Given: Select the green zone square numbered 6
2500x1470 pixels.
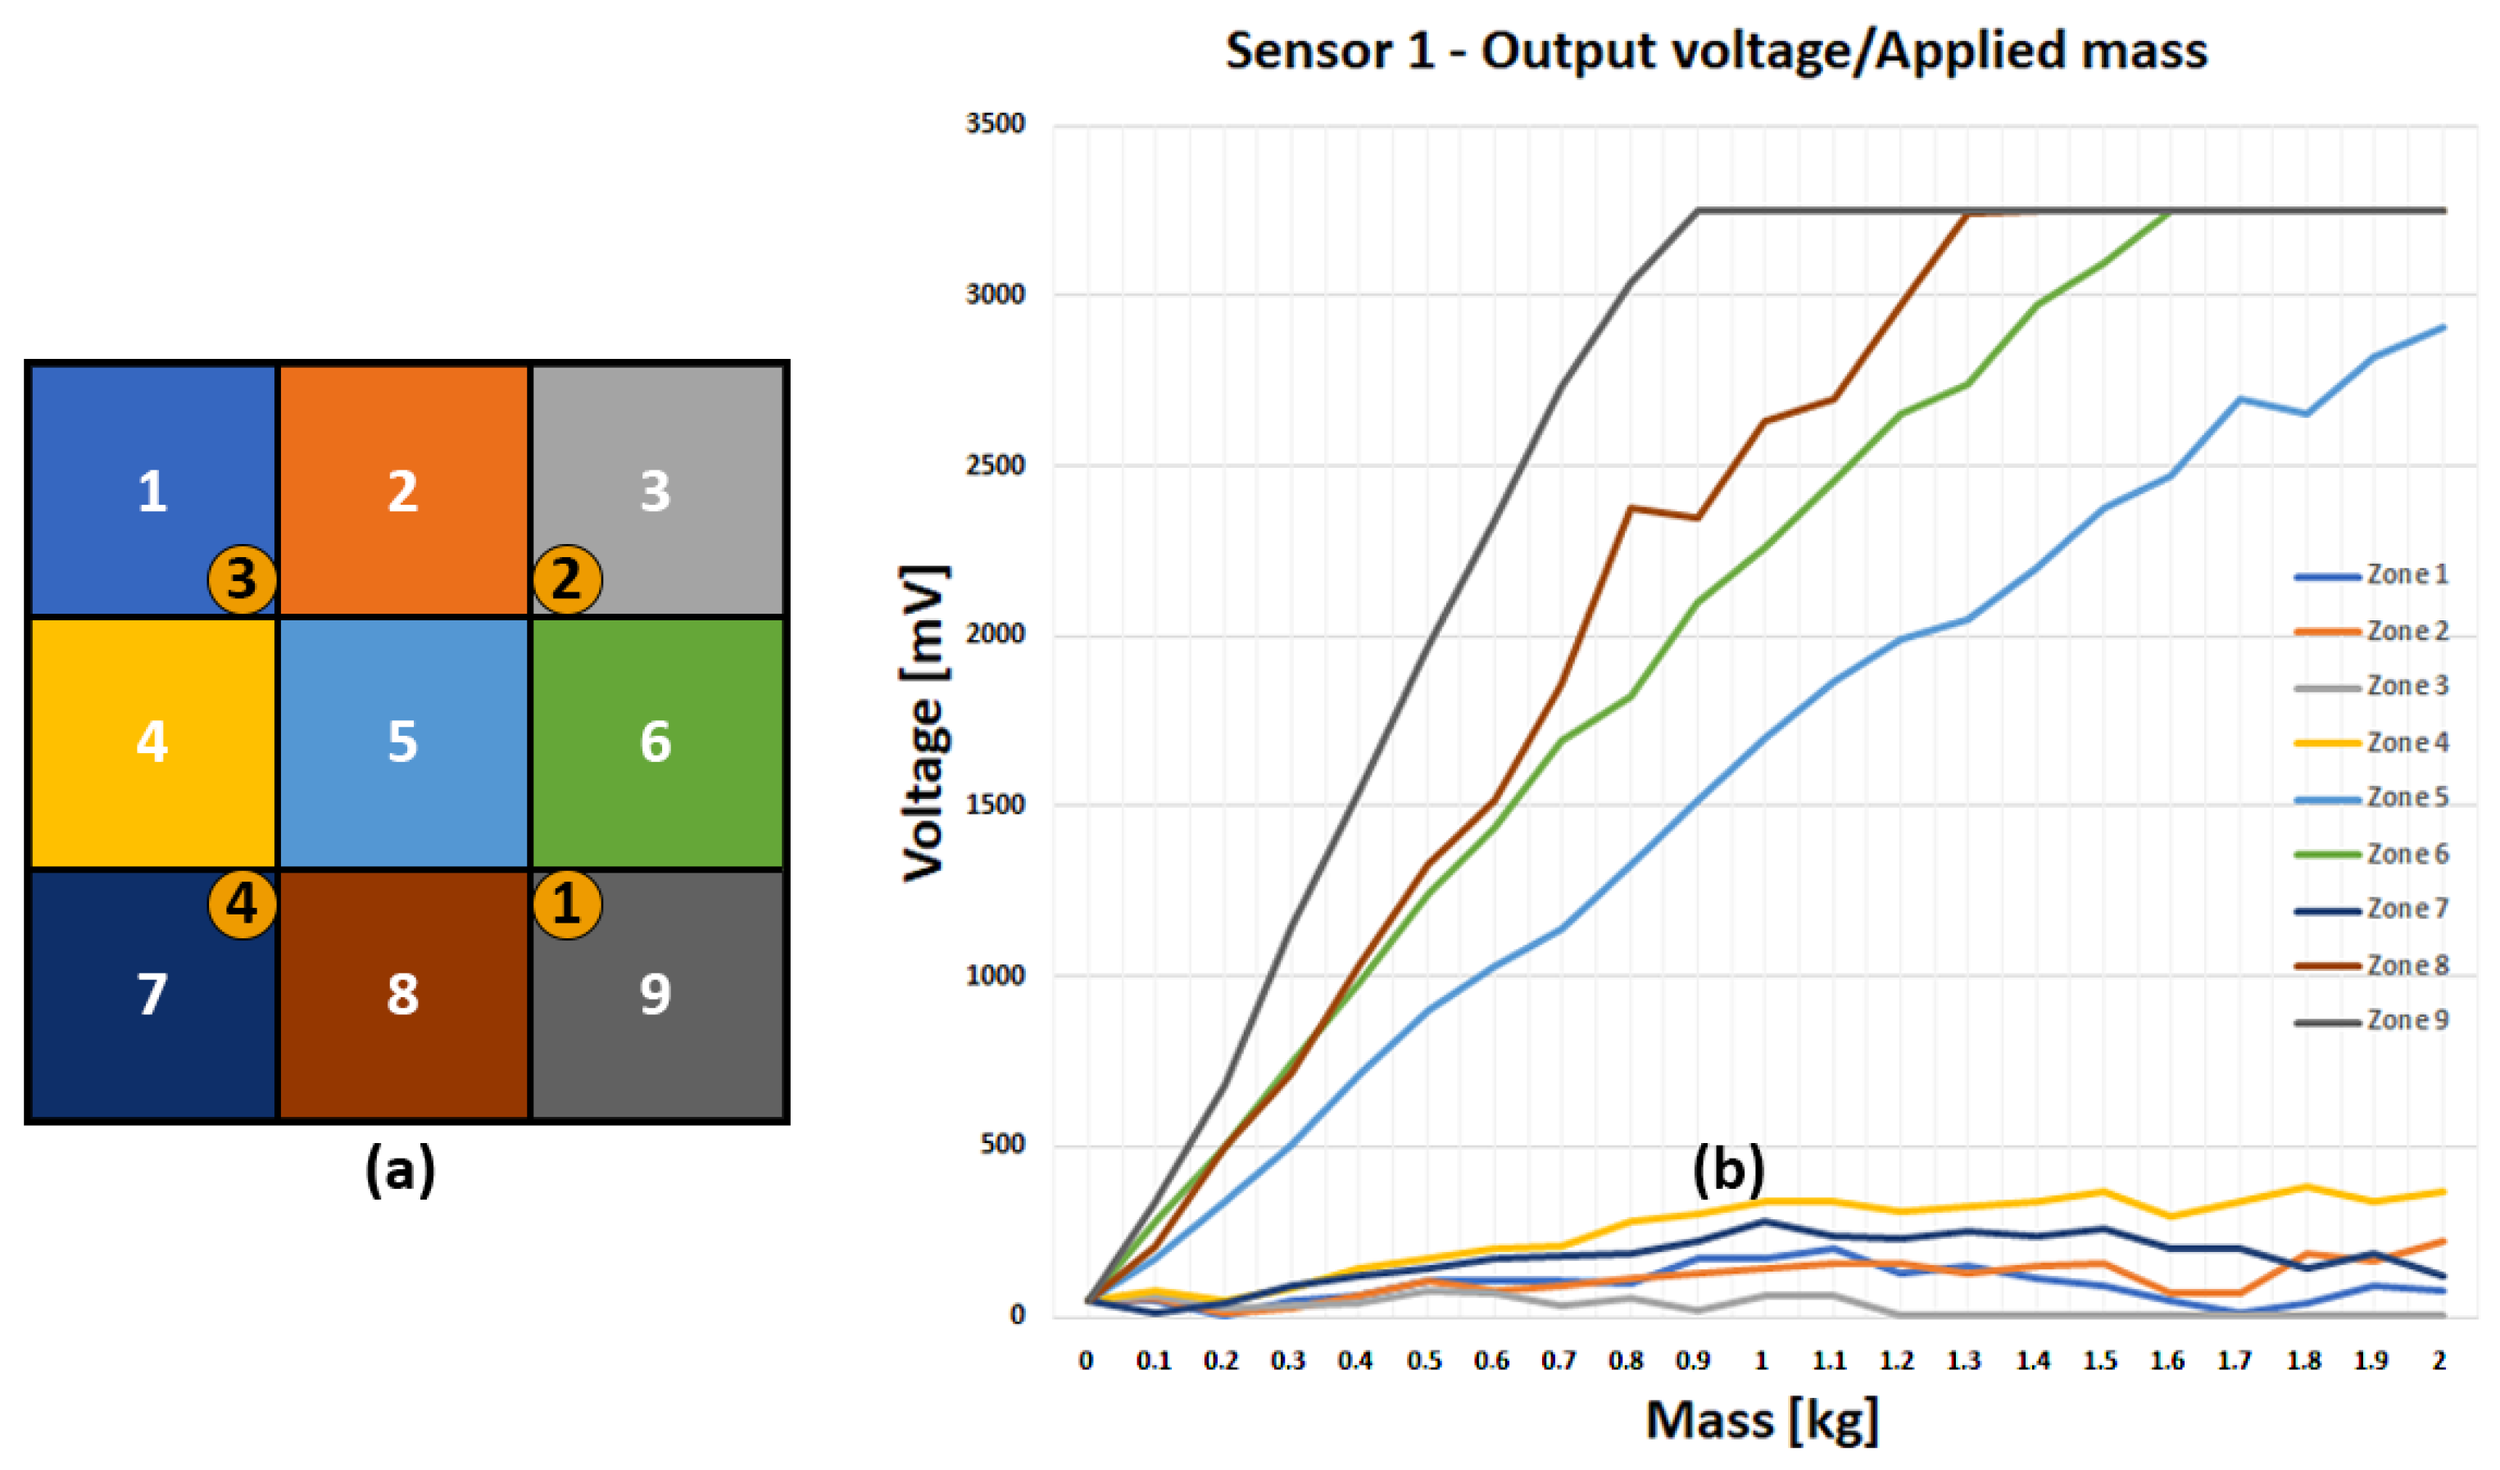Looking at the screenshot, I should pos(656,741).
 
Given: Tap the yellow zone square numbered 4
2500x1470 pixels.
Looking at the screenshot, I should pos(152,741).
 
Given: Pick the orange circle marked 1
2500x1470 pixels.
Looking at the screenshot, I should pos(566,904).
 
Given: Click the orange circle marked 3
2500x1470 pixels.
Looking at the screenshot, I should pos(242,578).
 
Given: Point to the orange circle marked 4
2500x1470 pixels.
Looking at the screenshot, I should pos(242,904).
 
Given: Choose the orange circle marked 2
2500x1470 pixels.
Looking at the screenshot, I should pos(566,578).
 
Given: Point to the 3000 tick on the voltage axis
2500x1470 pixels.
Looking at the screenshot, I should pos(994,295).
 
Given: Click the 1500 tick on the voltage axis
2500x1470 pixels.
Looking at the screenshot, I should pos(994,805).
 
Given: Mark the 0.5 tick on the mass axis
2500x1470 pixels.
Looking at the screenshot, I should pos(1423,1361).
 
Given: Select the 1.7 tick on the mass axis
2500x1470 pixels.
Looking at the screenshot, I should pos(2235,1361).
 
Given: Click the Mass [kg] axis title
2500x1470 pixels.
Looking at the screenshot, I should pos(1762,1420).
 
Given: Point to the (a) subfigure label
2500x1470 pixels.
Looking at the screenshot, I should pos(400,1169).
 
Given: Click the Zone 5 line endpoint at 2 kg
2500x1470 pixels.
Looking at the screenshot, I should pos(2443,326).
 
